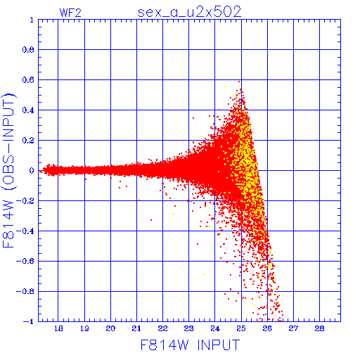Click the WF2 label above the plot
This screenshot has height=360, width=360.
[70, 13]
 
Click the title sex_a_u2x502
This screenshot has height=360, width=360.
[190, 12]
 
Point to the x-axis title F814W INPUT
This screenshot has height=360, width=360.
[190, 345]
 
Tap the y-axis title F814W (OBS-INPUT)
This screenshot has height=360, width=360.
[8, 170]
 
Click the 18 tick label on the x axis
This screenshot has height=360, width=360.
[58, 328]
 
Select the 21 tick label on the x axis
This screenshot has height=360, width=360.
[136, 328]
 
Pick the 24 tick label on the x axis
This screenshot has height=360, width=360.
[215, 328]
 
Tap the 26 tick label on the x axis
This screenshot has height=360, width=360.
[267, 328]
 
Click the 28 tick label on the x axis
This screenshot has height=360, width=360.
[319, 328]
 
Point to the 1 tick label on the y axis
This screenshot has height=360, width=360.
[32, 20]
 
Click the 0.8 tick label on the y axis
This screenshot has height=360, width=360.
[28, 50]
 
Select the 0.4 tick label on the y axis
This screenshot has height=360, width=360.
[28, 110]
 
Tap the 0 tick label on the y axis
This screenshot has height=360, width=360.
[32, 170]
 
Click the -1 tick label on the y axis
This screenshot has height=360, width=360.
[29, 321]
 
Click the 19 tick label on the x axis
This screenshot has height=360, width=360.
[84, 328]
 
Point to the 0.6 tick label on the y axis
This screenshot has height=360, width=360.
[28, 80]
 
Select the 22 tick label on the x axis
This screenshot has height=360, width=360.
[162, 328]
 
